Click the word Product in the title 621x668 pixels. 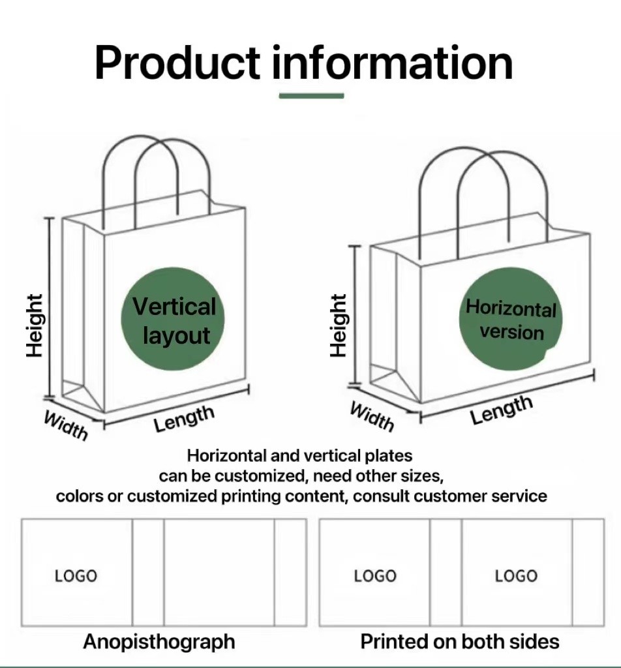point(177,63)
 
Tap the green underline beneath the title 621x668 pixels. point(311,96)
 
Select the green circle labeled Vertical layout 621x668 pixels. point(173,319)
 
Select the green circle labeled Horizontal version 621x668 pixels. point(511,319)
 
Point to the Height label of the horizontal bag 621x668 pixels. point(339,326)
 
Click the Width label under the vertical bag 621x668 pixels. point(66,425)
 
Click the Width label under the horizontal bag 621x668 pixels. point(372,416)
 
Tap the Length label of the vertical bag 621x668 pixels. point(184,418)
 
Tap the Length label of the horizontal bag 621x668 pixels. point(502,410)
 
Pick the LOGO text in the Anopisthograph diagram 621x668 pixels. point(76,576)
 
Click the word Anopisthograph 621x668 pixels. point(159,642)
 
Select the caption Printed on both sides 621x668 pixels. point(460,641)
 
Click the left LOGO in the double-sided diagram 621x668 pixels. point(375,576)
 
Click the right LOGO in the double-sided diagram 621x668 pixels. point(516,576)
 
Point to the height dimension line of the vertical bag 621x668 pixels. point(50,308)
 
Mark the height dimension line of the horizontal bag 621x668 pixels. point(354,316)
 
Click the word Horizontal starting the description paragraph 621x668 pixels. point(226,455)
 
